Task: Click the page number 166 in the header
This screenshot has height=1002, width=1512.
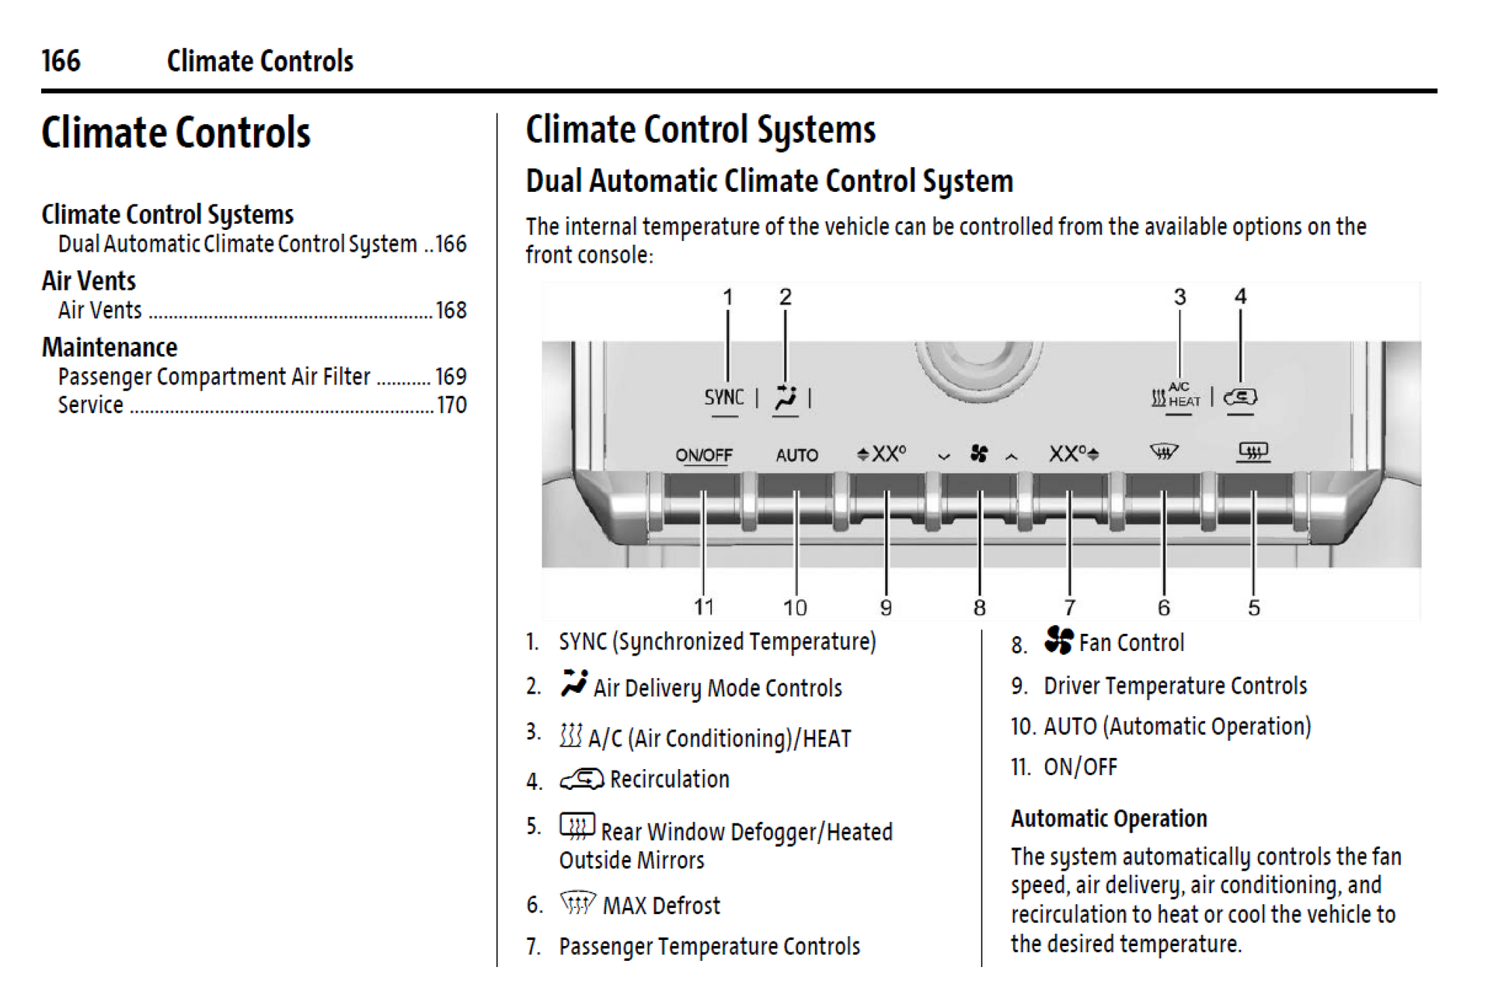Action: [61, 61]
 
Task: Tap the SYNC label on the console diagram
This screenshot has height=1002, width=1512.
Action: [723, 397]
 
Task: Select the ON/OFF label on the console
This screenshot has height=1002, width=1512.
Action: [703, 455]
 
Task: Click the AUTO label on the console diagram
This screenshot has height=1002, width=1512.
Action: [796, 455]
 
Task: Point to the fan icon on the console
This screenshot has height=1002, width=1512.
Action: [978, 454]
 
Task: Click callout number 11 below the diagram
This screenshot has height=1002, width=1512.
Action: [703, 607]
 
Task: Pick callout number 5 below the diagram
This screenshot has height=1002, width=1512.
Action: [1253, 607]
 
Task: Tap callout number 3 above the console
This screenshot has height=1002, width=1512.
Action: [1179, 297]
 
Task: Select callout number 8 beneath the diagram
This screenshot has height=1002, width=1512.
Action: [979, 607]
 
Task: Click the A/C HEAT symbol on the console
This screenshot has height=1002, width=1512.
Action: [1175, 395]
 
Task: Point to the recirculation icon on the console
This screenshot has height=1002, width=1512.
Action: [1240, 397]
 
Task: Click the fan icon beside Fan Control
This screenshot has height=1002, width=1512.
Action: [1058, 640]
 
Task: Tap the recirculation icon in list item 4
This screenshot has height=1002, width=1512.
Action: [581, 778]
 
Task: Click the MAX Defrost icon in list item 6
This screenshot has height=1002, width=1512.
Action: [577, 903]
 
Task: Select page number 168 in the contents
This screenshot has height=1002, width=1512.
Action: [451, 311]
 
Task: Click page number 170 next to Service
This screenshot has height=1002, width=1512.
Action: [451, 405]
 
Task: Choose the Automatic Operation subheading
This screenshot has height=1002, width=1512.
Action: [1109, 818]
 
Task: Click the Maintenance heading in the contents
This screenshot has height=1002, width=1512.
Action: [110, 347]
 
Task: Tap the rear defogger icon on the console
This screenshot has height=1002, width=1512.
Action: [1252, 451]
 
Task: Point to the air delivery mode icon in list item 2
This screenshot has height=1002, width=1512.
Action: [573, 684]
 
